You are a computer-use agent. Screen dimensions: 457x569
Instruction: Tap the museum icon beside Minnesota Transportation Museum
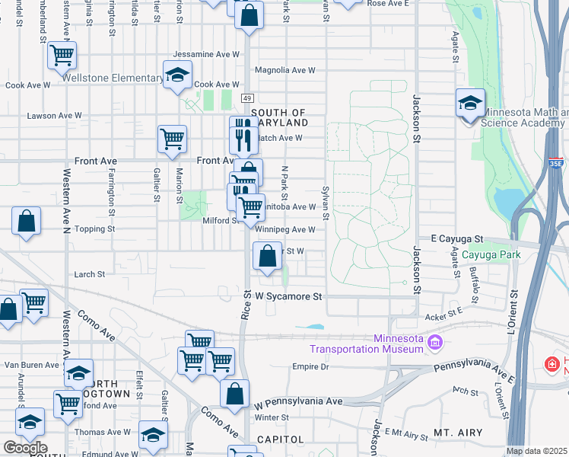435,344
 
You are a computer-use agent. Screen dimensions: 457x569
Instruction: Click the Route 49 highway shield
247,98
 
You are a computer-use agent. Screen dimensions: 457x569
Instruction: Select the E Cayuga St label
458,238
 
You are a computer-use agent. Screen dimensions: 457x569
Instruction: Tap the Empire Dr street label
310,366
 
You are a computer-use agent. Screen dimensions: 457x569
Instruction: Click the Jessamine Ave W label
206,55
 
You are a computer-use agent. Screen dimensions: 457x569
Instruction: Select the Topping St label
94,228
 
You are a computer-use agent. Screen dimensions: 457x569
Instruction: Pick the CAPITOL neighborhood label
281,439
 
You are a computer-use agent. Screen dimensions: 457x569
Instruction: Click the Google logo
25,448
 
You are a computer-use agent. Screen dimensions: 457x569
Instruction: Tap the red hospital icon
552,365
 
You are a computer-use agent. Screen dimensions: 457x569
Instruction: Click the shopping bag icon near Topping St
26,222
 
